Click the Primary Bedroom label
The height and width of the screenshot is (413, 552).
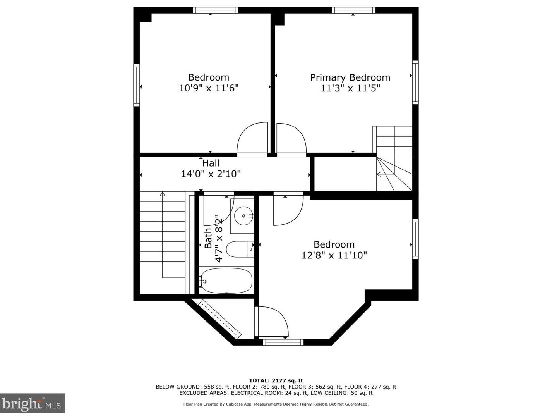(350, 77)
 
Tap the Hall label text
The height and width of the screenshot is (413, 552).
(211, 163)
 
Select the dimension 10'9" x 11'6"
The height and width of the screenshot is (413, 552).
(209, 88)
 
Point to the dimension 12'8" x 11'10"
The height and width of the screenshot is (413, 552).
(334, 255)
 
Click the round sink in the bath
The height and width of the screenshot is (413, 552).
(243, 216)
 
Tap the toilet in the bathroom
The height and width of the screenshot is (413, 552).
(240, 249)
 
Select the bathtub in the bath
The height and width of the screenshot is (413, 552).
(226, 280)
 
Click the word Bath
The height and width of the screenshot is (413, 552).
(208, 238)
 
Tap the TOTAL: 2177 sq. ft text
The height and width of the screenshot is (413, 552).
(276, 380)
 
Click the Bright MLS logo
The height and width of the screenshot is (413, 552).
(33, 403)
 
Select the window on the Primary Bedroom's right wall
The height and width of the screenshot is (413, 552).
(415, 82)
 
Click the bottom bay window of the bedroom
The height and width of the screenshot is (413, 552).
(283, 342)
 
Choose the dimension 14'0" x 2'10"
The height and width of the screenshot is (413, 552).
(211, 174)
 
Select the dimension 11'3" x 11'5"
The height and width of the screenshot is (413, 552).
(350, 88)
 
